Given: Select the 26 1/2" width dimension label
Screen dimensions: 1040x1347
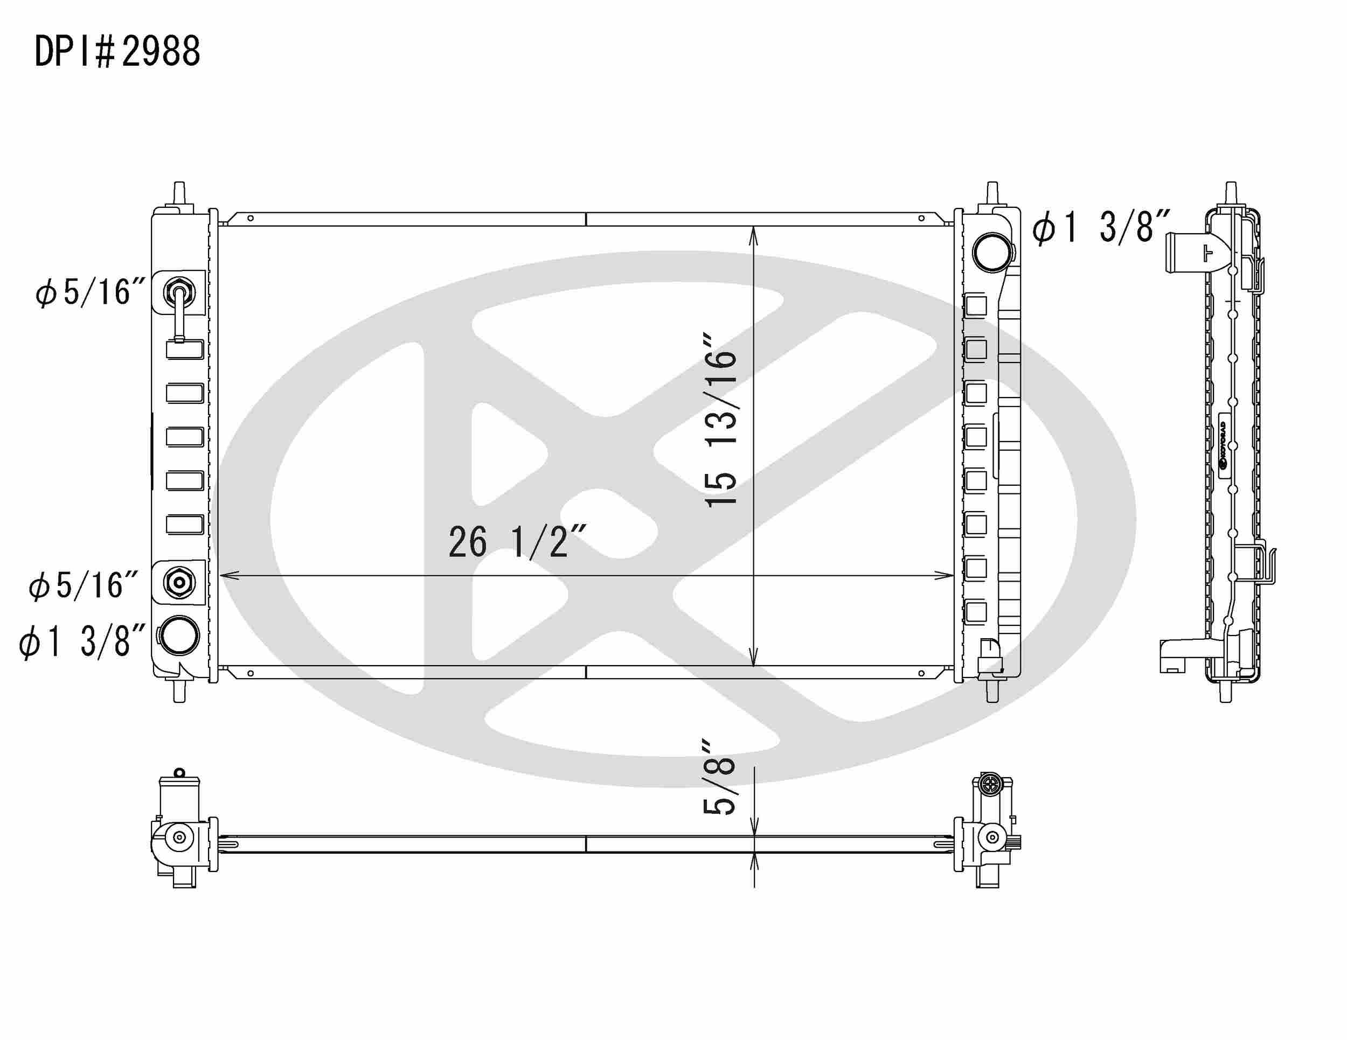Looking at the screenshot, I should (517, 542).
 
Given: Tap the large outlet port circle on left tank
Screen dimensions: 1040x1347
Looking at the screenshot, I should (178, 635).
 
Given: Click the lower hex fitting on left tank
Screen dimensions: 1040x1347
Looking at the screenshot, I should (179, 582).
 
